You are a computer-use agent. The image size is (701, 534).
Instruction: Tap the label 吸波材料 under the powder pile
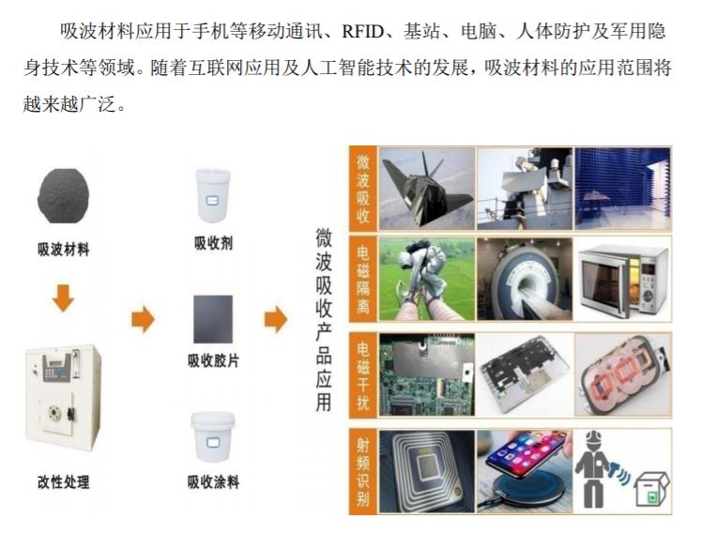coord(64,250)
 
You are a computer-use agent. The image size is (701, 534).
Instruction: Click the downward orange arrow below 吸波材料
coord(64,298)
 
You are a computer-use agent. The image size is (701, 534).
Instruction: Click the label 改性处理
coord(64,482)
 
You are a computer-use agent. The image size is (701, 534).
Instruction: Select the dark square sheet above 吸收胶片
coord(213,320)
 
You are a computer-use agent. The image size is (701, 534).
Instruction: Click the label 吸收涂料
coord(213,482)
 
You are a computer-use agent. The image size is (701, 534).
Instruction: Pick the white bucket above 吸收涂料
coord(213,436)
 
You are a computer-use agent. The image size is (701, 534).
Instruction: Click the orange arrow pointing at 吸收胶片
coord(143,319)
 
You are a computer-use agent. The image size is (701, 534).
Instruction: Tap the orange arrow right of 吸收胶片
coord(276,319)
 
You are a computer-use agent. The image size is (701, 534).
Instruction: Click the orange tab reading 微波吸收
coord(363,189)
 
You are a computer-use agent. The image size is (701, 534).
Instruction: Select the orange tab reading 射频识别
coord(363,470)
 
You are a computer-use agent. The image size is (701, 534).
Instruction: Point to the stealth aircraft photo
coord(426,188)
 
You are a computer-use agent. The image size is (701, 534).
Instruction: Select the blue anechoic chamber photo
coord(622,188)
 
